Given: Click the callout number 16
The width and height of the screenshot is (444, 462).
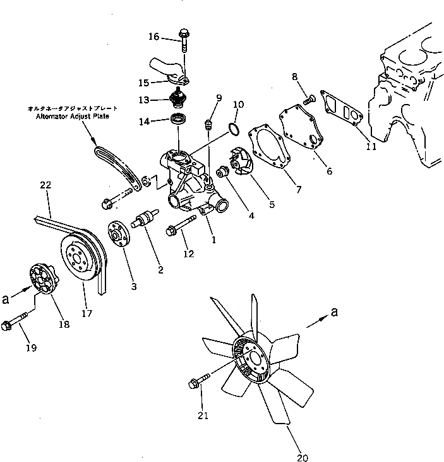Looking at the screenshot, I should tap(154, 37).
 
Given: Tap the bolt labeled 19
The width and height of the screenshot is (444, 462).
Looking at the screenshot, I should tap(15, 321).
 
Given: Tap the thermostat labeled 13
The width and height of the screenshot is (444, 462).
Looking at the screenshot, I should tap(180, 99).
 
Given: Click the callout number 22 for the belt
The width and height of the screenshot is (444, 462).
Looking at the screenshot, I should tap(45, 185).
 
